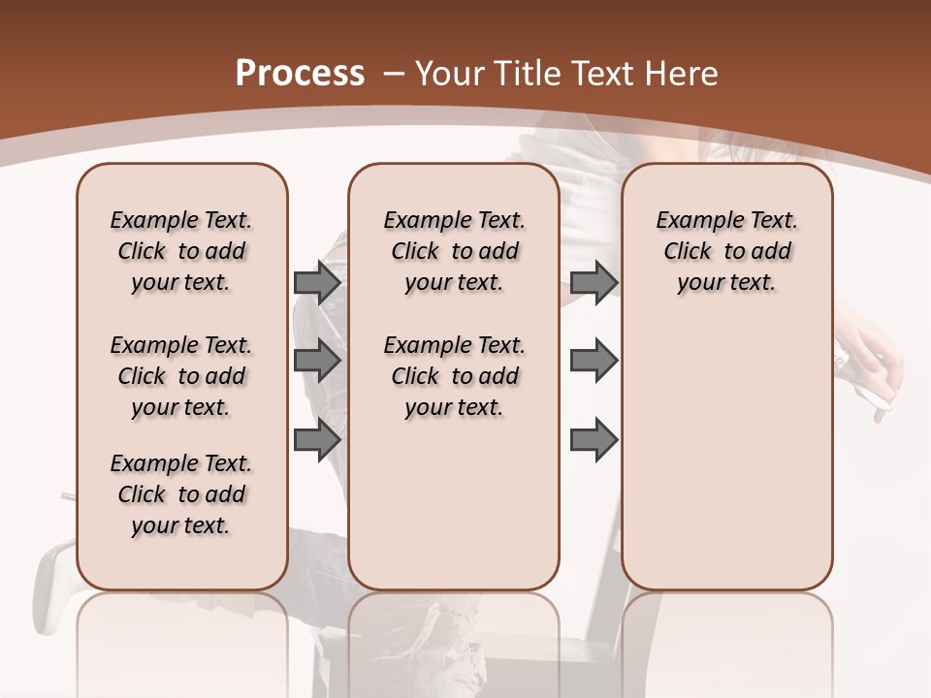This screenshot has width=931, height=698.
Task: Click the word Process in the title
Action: pos(300,73)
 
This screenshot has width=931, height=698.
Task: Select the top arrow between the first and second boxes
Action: pos(317,282)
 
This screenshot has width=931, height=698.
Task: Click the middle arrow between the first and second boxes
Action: pos(317,361)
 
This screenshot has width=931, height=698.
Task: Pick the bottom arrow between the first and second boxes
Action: pos(317,440)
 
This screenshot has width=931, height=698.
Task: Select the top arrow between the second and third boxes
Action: pos(594,282)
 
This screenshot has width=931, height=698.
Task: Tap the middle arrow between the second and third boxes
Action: pos(594,361)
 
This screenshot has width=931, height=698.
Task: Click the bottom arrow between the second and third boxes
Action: pos(594,440)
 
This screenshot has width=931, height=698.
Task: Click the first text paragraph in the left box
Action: pos(181,251)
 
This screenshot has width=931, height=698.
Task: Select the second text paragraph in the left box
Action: pos(181,376)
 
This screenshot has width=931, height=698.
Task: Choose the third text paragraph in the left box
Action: pos(181,494)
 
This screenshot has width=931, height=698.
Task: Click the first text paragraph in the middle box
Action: pos(454,251)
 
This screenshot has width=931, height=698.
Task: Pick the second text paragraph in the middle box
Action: pos(454,376)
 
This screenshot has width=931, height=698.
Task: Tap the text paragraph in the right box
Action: pos(726,251)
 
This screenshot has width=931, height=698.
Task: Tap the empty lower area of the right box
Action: pos(726,465)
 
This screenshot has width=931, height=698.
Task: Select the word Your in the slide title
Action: pos(447,73)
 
